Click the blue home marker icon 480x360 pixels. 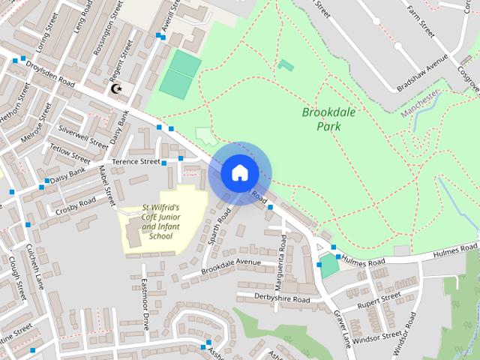[239, 172]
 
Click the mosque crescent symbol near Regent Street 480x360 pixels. [116, 89]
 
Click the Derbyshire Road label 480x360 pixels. [282, 298]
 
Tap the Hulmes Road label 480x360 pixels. [364, 261]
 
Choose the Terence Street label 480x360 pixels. [136, 161]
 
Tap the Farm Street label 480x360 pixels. [419, 22]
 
